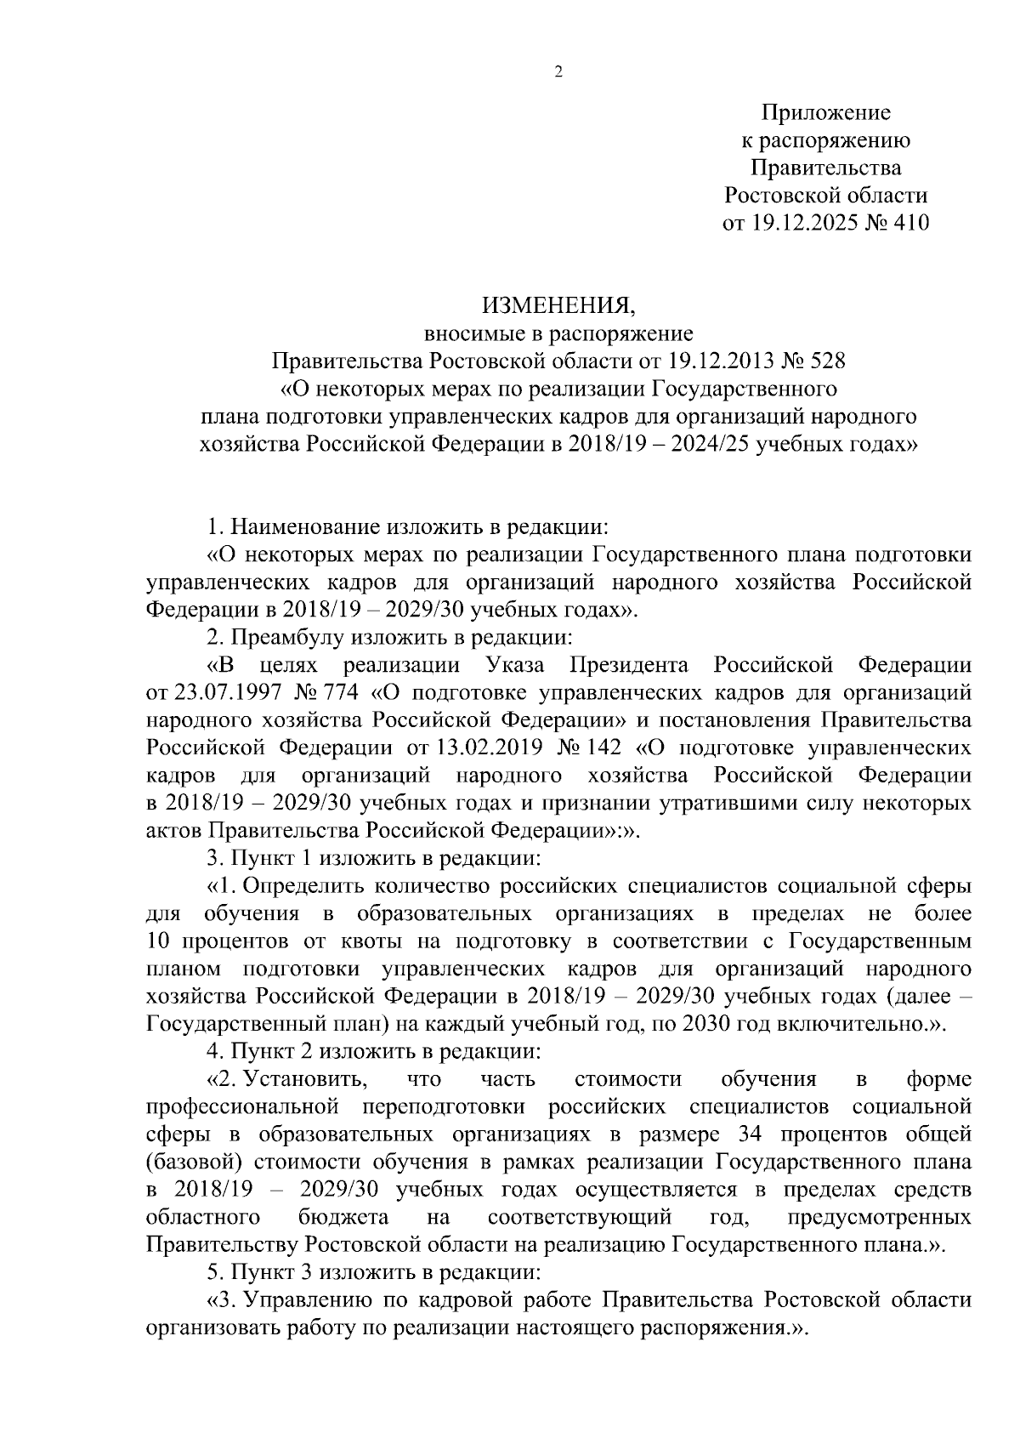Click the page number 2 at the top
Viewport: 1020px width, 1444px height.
[558, 72]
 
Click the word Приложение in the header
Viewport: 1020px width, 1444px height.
[825, 112]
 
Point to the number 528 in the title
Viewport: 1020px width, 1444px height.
[824, 361]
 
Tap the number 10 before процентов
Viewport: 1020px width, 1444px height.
[159, 941]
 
